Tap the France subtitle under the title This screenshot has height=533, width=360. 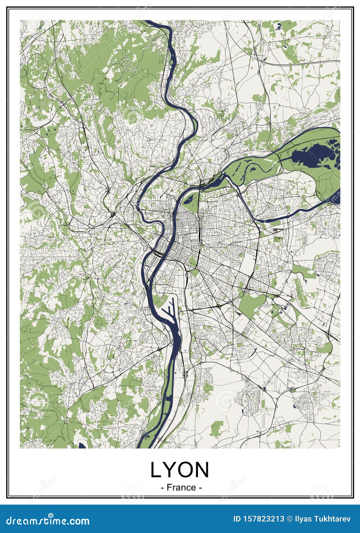[181, 487]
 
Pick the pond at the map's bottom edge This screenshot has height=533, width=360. [82, 446]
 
